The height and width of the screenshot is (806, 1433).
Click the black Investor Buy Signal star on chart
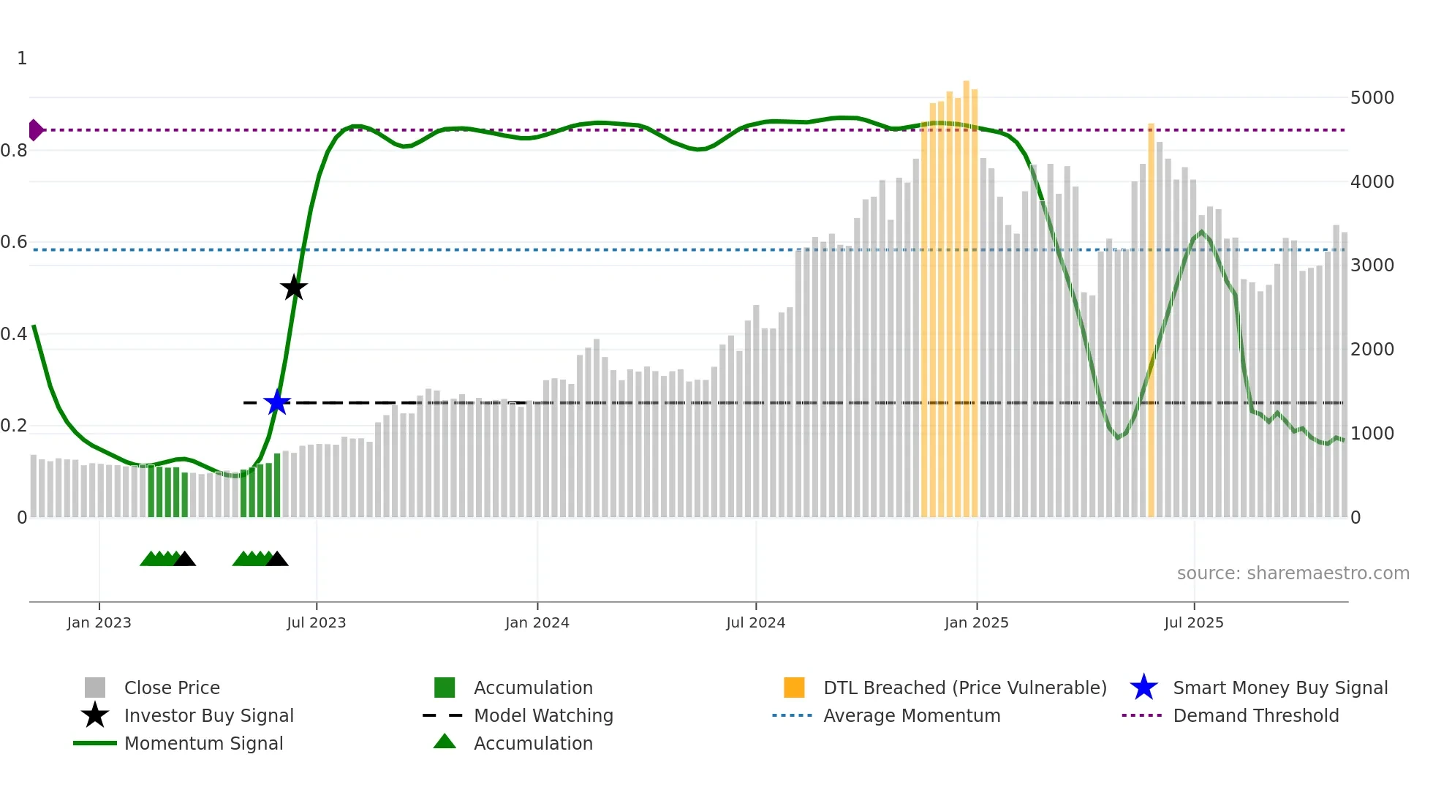pyautogui.click(x=294, y=288)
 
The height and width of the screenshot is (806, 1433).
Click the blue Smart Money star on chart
pyautogui.click(x=277, y=402)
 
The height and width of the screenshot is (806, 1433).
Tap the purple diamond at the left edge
pyautogui.click(x=35, y=130)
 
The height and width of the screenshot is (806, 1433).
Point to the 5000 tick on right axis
pyautogui.click(x=1372, y=98)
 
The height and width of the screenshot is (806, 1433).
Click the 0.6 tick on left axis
pyautogui.click(x=15, y=242)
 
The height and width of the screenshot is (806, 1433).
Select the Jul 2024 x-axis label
pyautogui.click(x=755, y=622)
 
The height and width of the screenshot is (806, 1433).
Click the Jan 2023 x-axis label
pyautogui.click(x=99, y=622)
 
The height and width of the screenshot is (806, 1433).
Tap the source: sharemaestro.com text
pyautogui.click(x=1293, y=573)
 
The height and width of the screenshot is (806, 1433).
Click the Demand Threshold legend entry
pyautogui.click(x=1255, y=715)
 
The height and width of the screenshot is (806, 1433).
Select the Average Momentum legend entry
pyautogui.click(x=911, y=715)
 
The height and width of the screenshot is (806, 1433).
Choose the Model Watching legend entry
pyautogui.click(x=542, y=715)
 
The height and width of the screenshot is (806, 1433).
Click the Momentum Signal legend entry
pyautogui.click(x=203, y=743)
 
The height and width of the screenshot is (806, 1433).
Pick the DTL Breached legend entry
pyautogui.click(x=964, y=688)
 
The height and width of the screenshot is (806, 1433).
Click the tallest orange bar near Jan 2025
pyautogui.click(x=966, y=300)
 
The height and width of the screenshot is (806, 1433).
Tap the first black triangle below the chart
pyautogui.click(x=184, y=560)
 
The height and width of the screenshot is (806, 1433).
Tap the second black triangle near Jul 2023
pyautogui.click(x=276, y=560)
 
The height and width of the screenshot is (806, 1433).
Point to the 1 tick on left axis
pyautogui.click(x=22, y=59)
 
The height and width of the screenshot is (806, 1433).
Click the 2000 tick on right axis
pyautogui.click(x=1372, y=350)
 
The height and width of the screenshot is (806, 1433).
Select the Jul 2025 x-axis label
pyautogui.click(x=1193, y=622)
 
